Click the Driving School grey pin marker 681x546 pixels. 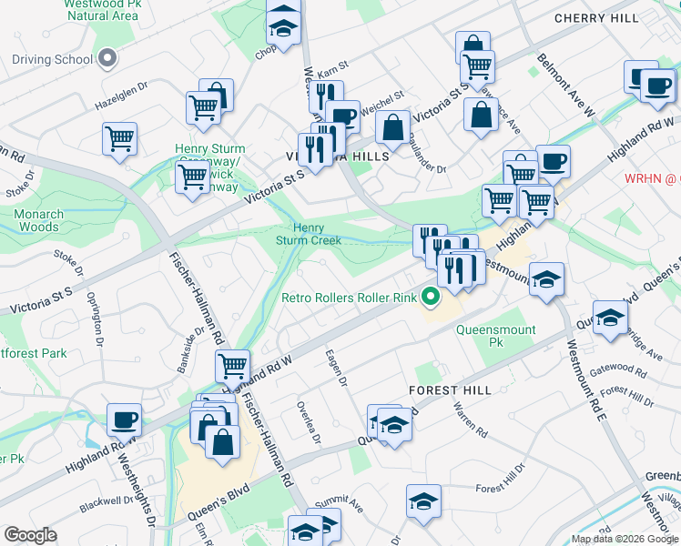(107, 59)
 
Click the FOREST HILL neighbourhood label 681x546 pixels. (450, 389)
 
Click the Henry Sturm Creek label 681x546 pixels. (309, 234)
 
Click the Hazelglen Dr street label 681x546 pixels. (121, 106)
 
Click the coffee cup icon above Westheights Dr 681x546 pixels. (125, 420)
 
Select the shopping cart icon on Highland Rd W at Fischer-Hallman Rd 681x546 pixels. (233, 366)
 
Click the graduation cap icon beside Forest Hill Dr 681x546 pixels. (422, 502)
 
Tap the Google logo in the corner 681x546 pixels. (30, 535)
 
